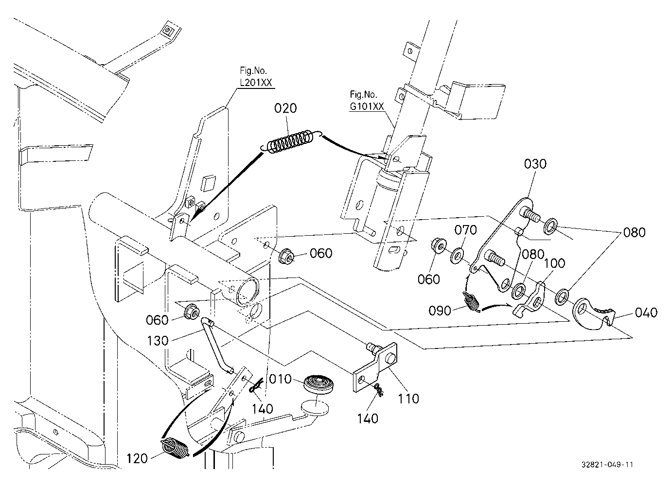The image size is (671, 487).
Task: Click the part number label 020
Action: click(285, 108)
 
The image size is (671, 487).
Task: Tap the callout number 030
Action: click(535, 164)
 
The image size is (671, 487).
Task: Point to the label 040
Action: click(646, 313)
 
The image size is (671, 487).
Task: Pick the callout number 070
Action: click(465, 230)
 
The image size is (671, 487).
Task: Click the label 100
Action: click(554, 263)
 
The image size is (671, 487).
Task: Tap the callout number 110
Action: click(408, 399)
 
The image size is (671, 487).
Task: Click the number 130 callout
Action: click(158, 341)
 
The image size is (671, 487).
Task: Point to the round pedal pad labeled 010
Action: click(320, 384)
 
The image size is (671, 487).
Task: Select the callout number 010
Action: click(281, 379)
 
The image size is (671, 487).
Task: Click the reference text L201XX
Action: click(256, 82)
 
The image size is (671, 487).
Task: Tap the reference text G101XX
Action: click(367, 106)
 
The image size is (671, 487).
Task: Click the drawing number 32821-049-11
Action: click(607, 465)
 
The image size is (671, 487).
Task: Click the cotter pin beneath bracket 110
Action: click(379, 390)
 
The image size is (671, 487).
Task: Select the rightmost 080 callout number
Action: click(634, 232)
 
